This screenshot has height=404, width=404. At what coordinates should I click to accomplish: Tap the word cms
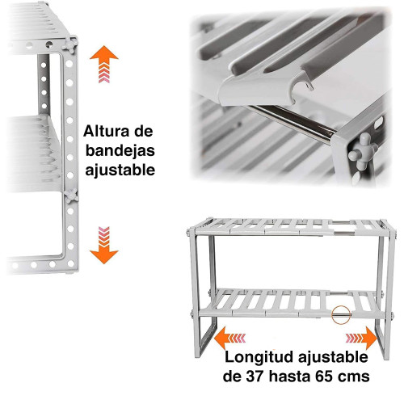click(356, 377)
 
